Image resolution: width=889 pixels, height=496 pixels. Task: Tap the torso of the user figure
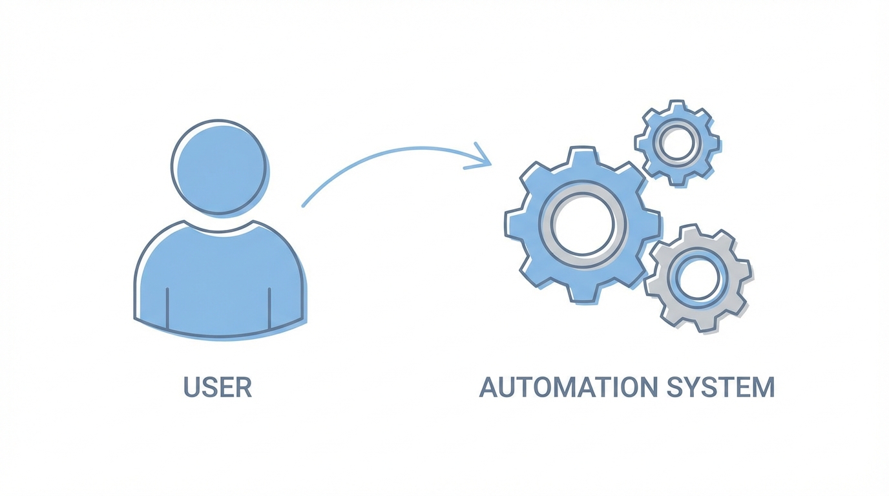220,284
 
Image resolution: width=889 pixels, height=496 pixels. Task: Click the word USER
218,387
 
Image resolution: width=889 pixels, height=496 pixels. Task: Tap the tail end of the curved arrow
304,205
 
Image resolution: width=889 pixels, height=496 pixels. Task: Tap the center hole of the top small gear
677,143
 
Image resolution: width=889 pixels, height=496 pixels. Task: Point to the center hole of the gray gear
697,277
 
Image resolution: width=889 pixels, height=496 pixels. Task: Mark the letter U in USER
192,387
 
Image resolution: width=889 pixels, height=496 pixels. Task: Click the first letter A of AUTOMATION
489,387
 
